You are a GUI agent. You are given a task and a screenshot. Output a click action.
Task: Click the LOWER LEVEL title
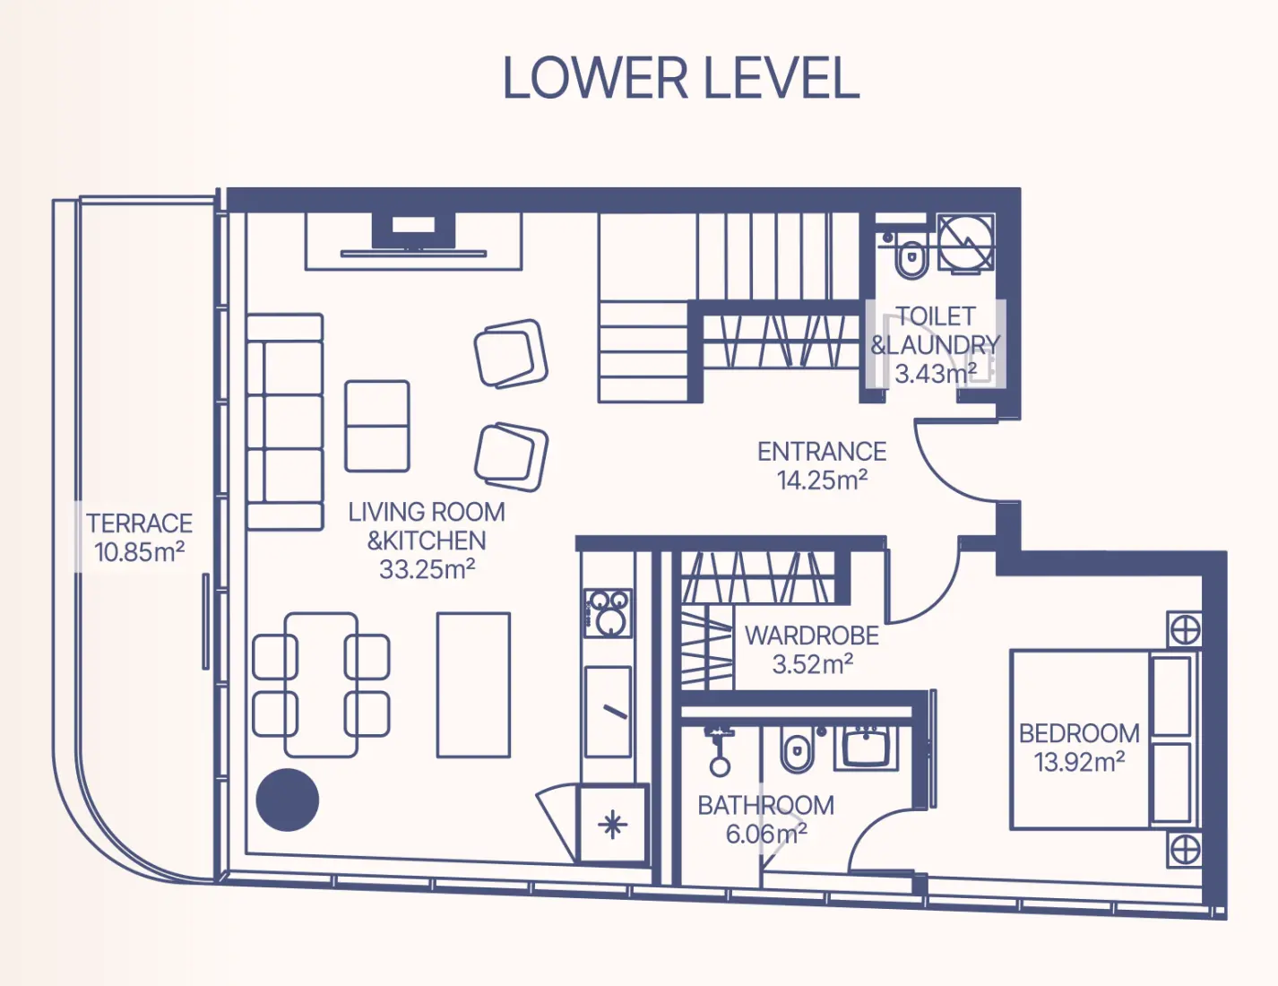tap(681, 78)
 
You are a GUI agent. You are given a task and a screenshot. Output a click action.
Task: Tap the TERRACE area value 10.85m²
tap(140, 551)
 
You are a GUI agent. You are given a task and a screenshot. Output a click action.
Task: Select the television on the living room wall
tap(413, 233)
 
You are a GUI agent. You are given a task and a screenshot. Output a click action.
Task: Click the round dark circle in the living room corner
tap(288, 800)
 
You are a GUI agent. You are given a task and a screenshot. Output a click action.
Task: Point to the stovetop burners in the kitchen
tap(609, 613)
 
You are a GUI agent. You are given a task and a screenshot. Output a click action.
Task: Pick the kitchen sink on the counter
tap(609, 712)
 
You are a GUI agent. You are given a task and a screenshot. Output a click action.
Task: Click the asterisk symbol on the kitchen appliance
tap(612, 824)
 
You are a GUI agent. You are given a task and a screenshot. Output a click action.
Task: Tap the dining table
tap(321, 685)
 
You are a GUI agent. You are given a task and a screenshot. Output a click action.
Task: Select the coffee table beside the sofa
tap(377, 427)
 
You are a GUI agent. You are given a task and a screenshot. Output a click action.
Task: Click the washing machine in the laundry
tap(966, 242)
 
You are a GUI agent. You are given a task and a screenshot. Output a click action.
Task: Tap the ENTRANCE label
tap(822, 452)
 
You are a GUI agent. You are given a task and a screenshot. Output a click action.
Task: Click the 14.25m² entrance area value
tap(822, 480)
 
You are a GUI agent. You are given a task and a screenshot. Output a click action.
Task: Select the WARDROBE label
tap(812, 636)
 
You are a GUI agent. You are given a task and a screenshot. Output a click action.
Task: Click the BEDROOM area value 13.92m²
tap(1079, 762)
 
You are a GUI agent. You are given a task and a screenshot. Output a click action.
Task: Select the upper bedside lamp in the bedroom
tap(1185, 631)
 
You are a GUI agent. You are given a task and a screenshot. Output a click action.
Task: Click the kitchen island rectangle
tap(473, 685)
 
